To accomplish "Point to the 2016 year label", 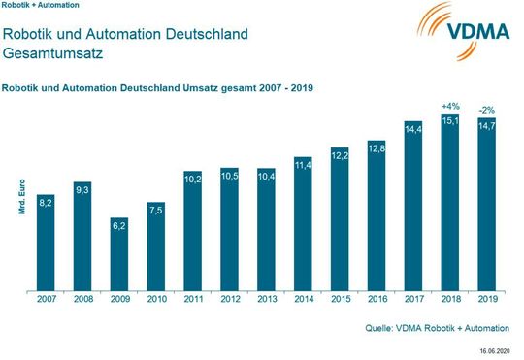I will [x=377, y=301].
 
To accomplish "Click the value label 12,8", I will [x=377, y=147].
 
